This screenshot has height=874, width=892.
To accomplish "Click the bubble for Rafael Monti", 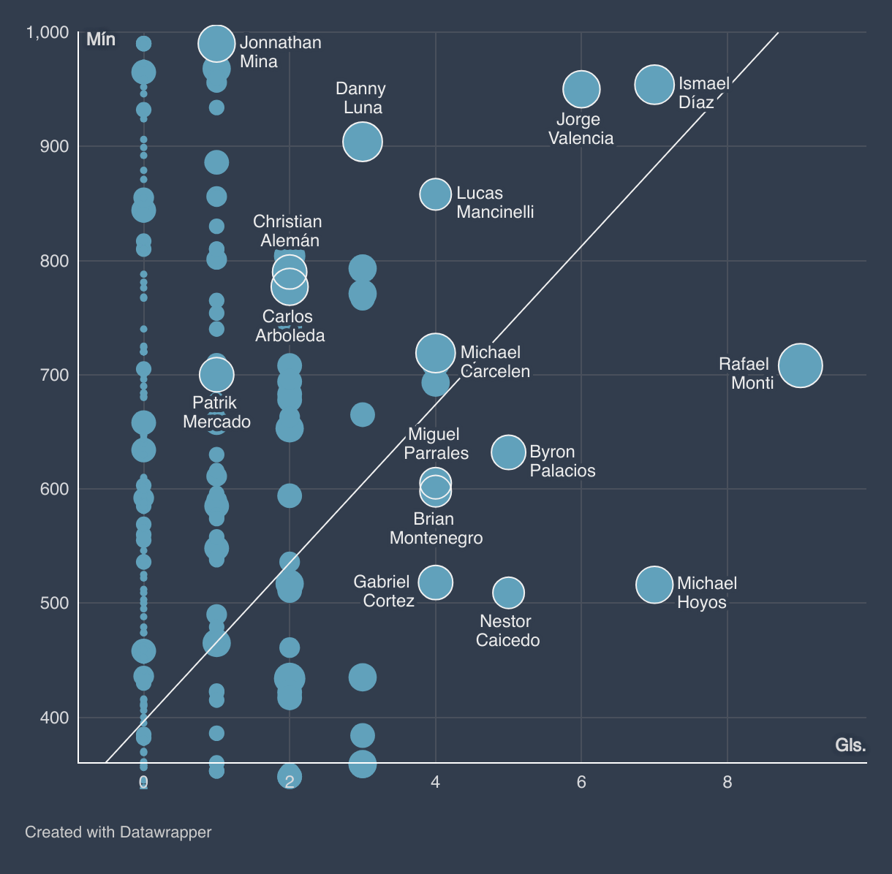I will (800, 365).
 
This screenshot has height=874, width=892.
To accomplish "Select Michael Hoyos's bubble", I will (654, 585).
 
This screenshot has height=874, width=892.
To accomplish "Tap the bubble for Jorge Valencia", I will (581, 89).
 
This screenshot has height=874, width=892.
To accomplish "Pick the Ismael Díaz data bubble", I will (654, 84).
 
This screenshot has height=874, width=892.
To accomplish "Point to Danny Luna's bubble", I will (362, 142).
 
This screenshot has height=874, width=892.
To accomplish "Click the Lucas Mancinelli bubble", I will (435, 194).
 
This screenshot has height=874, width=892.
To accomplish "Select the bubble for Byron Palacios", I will (508, 452).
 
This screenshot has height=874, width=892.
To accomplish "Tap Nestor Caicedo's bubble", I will (508, 593).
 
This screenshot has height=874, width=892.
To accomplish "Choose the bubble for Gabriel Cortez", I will (435, 582).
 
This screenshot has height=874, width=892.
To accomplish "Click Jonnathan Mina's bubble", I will (216, 44).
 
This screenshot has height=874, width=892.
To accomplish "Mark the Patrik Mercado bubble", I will (216, 375).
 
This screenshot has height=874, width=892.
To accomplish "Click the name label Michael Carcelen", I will (495, 362).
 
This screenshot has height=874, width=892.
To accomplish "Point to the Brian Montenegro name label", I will (436, 528).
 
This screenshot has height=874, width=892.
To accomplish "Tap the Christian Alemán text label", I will (288, 231).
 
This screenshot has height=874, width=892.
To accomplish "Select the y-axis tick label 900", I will (53, 146).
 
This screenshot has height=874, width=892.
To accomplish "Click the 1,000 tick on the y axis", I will (48, 32).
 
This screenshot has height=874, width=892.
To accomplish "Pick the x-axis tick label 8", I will (727, 782).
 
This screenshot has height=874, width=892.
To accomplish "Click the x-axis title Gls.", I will (850, 745).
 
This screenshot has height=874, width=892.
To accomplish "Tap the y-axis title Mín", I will (101, 39).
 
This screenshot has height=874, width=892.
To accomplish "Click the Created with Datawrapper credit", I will (118, 832).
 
